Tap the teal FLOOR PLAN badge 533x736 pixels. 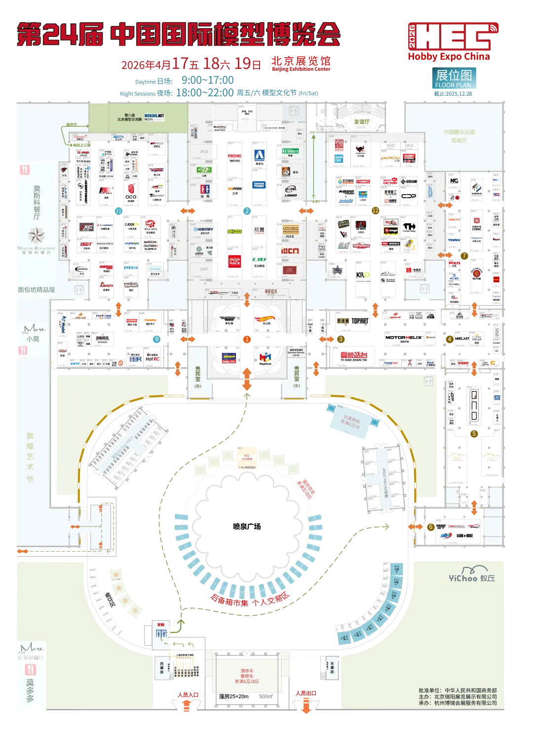pos(454,79)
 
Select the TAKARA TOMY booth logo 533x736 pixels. pos(259,185)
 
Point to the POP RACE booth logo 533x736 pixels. pos(234,261)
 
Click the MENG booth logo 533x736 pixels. pos(235,156)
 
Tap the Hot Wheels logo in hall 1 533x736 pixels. pos(265,319)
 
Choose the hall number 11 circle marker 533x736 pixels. pos(118,211)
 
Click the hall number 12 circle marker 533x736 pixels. pos(375,210)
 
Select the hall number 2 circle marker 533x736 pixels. pos(247,211)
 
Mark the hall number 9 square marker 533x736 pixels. pos(157,339)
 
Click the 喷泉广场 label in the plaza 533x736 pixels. pos(247,526)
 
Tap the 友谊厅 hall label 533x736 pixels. pos(361,122)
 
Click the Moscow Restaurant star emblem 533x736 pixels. pos(36,236)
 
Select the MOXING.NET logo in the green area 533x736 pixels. pos(154,117)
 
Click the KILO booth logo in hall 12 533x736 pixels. pos(363,275)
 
